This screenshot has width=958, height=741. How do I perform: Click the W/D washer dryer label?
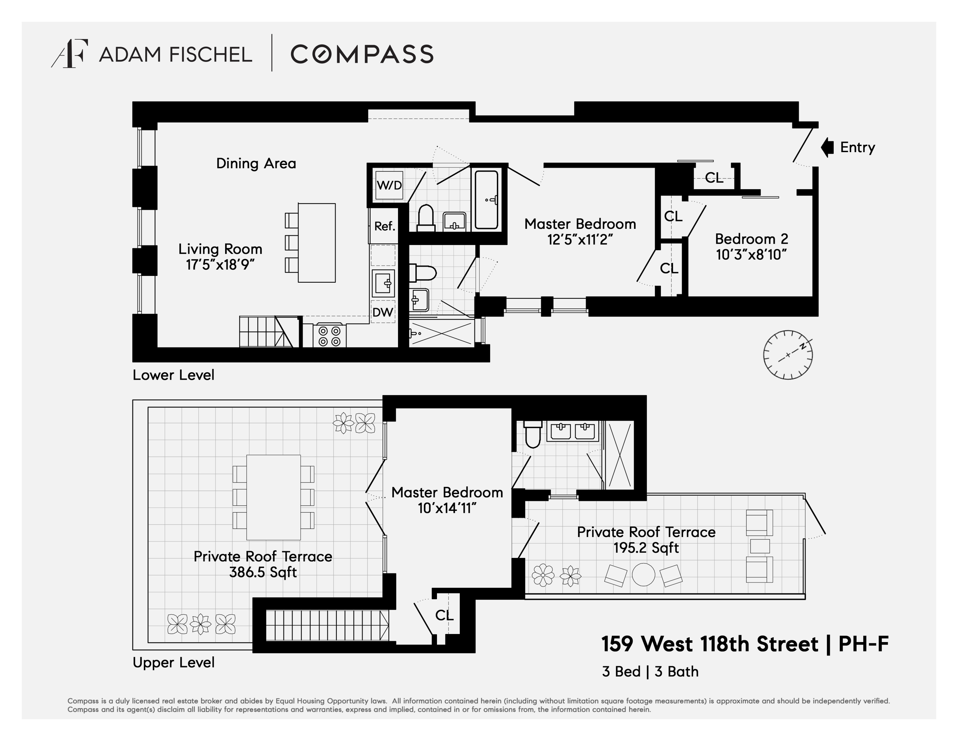pyautogui.click(x=389, y=185)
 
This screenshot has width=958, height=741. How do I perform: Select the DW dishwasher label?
pyautogui.click(x=383, y=312)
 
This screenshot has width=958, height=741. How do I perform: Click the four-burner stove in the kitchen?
pyautogui.click(x=329, y=336)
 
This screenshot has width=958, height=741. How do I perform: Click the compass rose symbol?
pyautogui.click(x=788, y=355)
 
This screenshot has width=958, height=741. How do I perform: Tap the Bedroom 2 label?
pyautogui.click(x=751, y=239)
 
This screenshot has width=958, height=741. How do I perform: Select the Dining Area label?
pyautogui.click(x=256, y=163)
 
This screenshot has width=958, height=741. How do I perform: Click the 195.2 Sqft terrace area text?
pyautogui.click(x=646, y=548)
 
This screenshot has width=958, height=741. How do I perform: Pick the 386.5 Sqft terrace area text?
pyautogui.click(x=263, y=572)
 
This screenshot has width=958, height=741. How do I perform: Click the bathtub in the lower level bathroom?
pyautogui.click(x=487, y=200)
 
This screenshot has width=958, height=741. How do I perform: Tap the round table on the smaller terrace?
pyautogui.click(x=643, y=575)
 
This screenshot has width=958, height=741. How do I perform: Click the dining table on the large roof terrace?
pyautogui.click(x=273, y=497)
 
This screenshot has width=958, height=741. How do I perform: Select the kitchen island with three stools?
pyautogui.click(x=316, y=242)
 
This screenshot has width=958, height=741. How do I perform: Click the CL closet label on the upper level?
pyautogui.click(x=444, y=615)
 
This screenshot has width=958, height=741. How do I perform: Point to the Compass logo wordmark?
pyautogui.click(x=362, y=54)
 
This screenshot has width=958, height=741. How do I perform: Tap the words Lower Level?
pyautogui.click(x=174, y=375)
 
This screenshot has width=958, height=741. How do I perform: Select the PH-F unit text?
pyautogui.click(x=863, y=644)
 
